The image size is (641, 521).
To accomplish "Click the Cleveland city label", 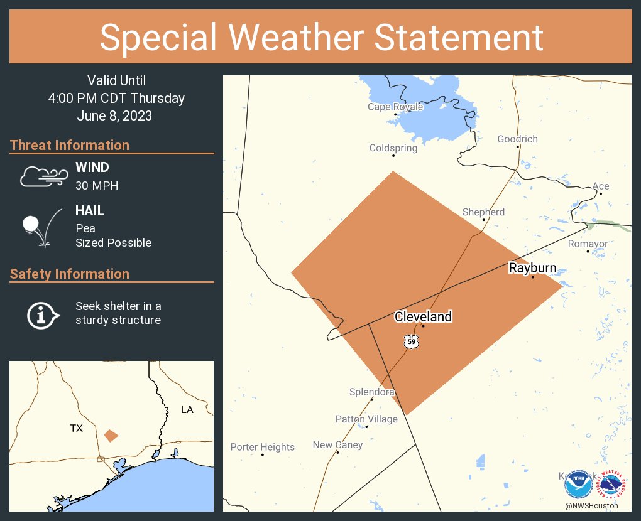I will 423,316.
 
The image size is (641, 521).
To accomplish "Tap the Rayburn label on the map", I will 532,268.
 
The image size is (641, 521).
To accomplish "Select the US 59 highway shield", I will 411,342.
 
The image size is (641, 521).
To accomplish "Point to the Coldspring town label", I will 393,148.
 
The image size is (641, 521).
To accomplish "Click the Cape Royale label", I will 395,107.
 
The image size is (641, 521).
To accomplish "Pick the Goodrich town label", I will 517,139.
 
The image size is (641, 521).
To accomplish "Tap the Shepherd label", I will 483,212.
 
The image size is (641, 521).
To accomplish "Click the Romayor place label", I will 588,244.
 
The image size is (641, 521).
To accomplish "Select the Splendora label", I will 372,392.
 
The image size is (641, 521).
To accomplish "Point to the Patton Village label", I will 366,419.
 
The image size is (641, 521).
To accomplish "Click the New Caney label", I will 337,444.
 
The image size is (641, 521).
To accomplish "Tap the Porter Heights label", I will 262,447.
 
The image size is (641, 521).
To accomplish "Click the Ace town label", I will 601,186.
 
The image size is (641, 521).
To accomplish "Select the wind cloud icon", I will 43,176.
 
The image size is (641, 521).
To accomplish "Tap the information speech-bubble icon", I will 42,314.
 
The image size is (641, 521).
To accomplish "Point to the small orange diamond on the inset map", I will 111,435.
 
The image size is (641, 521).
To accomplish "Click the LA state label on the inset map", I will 187,409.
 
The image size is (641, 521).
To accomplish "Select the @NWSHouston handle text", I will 591,505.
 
